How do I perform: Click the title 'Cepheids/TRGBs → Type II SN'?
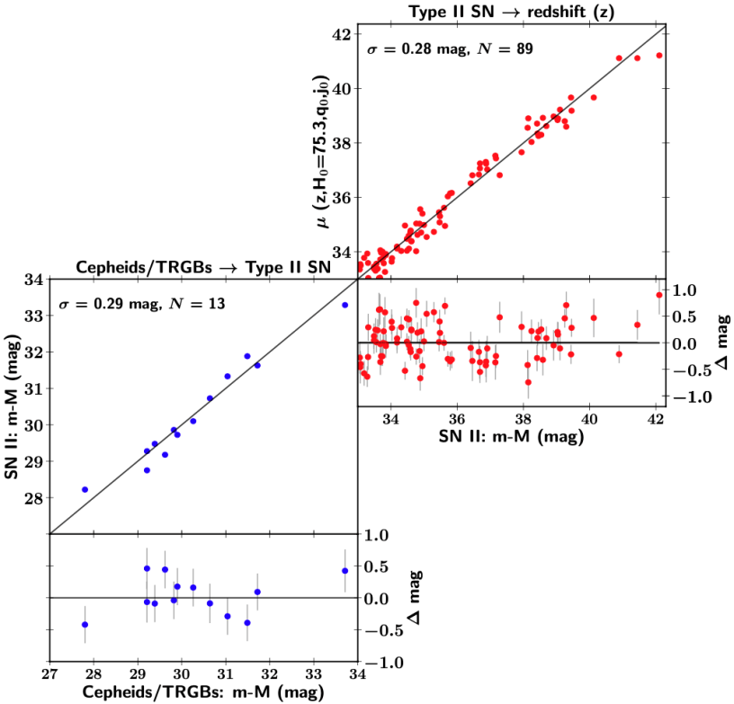204,267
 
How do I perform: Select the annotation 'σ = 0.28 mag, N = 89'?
451,49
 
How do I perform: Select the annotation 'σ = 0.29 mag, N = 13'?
141,304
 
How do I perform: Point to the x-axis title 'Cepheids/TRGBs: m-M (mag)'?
203,691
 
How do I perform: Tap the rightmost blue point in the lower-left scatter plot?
345,305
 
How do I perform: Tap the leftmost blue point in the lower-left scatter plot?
85,489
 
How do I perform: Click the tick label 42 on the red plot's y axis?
341,34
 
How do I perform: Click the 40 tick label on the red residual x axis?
589,419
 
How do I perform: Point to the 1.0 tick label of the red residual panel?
685,290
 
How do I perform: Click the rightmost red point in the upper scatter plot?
659,55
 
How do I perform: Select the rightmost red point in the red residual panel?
659,295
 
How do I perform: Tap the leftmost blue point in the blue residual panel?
85,624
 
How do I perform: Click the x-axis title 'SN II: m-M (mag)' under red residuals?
513,438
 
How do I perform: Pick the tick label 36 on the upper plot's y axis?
341,198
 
